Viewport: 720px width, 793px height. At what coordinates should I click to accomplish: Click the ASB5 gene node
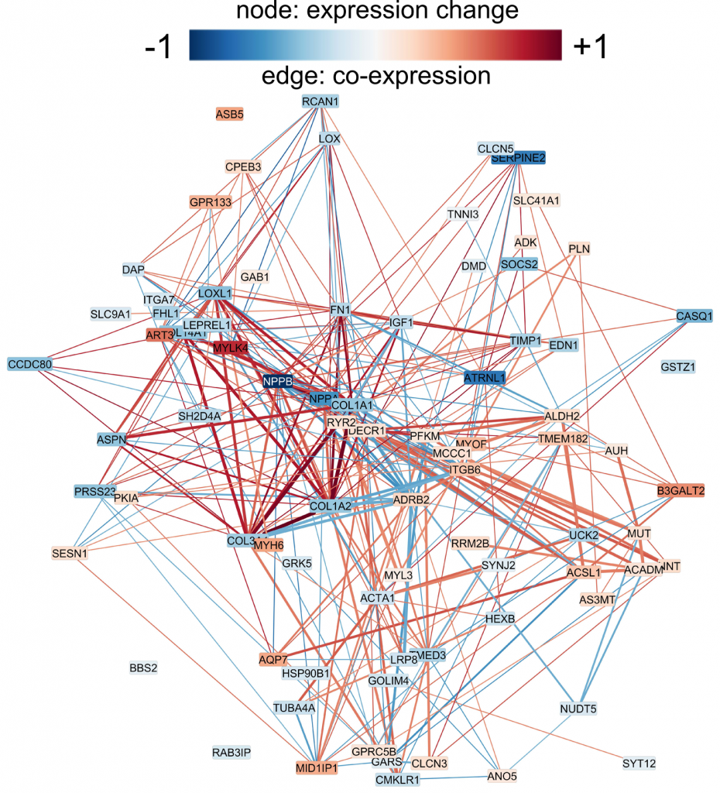(229, 114)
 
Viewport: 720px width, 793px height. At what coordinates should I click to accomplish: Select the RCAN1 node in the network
(321, 101)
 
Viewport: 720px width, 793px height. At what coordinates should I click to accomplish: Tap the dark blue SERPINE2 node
(519, 158)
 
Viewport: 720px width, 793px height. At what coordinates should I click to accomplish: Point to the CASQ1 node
(694, 316)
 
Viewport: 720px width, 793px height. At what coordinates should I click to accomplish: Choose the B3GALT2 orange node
(681, 491)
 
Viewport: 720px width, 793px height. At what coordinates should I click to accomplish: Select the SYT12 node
(639, 764)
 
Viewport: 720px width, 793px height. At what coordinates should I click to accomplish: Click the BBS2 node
(143, 667)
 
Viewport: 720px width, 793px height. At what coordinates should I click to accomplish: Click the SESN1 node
(70, 554)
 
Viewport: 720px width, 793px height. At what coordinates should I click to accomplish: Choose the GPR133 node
(211, 203)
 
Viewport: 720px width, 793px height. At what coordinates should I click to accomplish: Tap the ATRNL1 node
(485, 379)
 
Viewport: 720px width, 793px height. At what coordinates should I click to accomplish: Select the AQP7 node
(273, 660)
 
